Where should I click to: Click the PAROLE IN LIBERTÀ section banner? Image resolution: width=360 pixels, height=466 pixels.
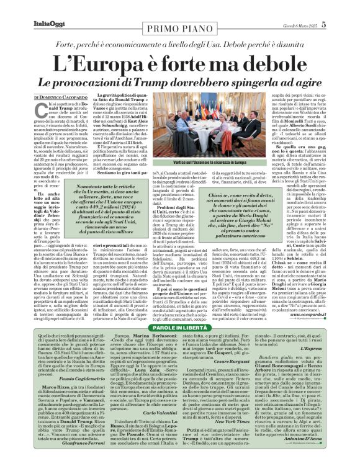(181, 292)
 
